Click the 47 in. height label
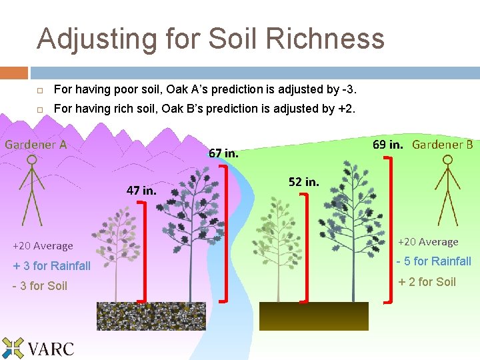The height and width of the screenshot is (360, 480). [x=141, y=190]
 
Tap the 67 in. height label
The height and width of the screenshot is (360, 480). [x=223, y=153]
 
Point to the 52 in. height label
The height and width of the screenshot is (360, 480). [x=303, y=181]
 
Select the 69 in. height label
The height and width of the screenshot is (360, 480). [x=387, y=144]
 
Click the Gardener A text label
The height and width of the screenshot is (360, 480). [x=36, y=144]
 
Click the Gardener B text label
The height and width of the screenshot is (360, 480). [x=442, y=144]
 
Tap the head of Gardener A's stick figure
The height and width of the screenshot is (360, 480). [x=30, y=161]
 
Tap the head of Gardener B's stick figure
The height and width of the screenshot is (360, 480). [x=448, y=161]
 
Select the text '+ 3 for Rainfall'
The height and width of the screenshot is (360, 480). [x=52, y=266]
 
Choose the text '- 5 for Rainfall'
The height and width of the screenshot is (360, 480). [x=434, y=261]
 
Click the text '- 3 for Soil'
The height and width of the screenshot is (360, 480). [x=40, y=286]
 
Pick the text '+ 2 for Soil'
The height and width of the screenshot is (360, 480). [x=427, y=282]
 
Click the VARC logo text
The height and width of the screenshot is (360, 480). [x=51, y=348]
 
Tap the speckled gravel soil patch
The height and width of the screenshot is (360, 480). [x=151, y=316]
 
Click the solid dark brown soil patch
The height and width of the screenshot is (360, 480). [x=313, y=316]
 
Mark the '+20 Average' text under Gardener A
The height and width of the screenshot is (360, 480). [x=43, y=246]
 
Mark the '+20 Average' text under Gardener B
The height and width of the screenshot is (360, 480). [x=428, y=242]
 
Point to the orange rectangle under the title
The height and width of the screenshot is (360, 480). [x=14, y=72]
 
